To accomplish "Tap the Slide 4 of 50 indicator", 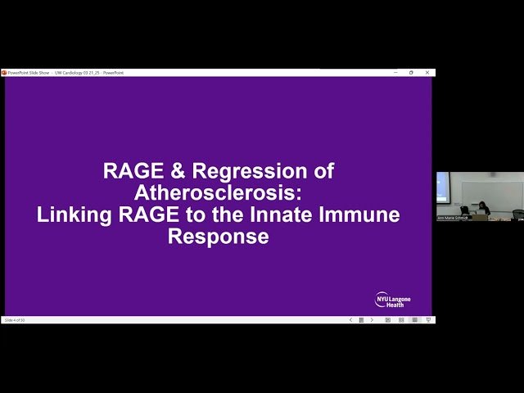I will (x=16, y=320).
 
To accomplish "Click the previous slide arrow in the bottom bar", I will (x=351, y=320).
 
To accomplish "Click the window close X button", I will (x=428, y=72).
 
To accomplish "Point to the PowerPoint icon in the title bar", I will (x=4, y=72).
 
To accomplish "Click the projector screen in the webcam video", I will (x=443, y=187).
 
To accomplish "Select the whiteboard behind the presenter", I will (x=491, y=192).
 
